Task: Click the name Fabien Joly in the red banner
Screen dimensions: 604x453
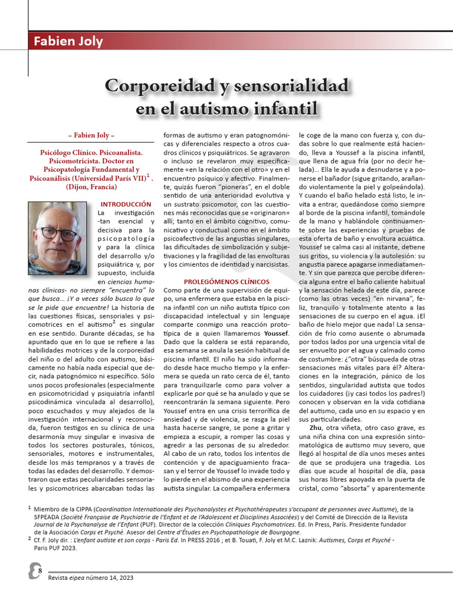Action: pyautogui.click(x=68, y=41)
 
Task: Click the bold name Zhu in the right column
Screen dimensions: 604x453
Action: pyautogui.click(x=316, y=427)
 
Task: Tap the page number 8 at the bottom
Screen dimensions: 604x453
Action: pyautogui.click(x=40, y=570)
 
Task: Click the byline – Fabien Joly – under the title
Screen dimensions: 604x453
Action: pyautogui.click(x=91, y=135)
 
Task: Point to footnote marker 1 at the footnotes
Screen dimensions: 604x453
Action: pyautogui.click(x=29, y=507)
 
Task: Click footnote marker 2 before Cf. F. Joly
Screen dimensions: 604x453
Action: pyautogui.click(x=29, y=538)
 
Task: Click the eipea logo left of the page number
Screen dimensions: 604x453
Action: pyautogui.click(x=33, y=571)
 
